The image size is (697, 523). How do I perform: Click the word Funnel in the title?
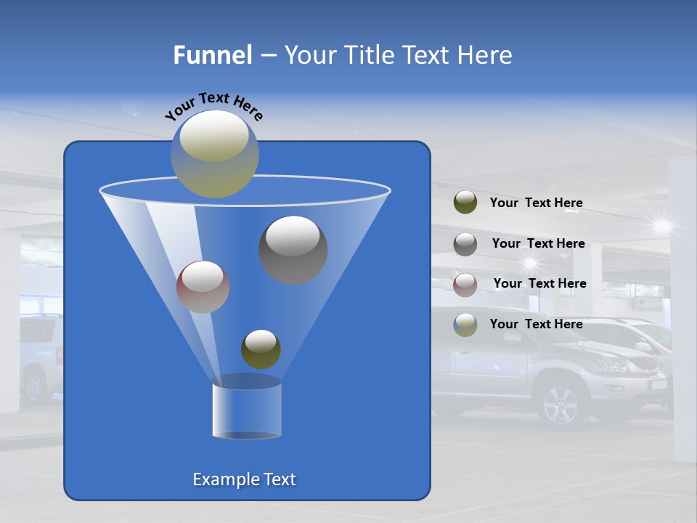pyautogui.click(x=212, y=55)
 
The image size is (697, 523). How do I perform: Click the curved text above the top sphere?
pyautogui.click(x=213, y=106)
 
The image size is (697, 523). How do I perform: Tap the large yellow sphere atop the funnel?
pyautogui.click(x=214, y=153)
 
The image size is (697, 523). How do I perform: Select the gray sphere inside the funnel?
pyautogui.click(x=293, y=249)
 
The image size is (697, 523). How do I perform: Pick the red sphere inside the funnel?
pyautogui.click(x=203, y=286)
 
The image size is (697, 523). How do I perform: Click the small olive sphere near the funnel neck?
pyautogui.click(x=261, y=349)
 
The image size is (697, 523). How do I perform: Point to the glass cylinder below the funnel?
pyautogui.click(x=246, y=410)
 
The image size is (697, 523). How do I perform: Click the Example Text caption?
pyautogui.click(x=244, y=479)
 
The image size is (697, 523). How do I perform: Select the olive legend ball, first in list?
pyautogui.click(x=465, y=203)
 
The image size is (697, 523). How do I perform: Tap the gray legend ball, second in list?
pyautogui.click(x=465, y=243)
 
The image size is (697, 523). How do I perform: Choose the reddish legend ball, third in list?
pyautogui.click(x=465, y=284)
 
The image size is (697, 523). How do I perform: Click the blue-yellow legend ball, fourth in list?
pyautogui.click(x=465, y=324)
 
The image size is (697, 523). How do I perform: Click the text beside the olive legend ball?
pyautogui.click(x=536, y=203)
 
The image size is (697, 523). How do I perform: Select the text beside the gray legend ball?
pyautogui.click(x=538, y=243)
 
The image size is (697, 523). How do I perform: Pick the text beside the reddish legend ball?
pyautogui.click(x=539, y=283)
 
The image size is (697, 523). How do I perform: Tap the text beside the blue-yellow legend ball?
pyautogui.click(x=536, y=324)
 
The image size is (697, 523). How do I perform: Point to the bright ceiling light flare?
pyautogui.click(x=661, y=226)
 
